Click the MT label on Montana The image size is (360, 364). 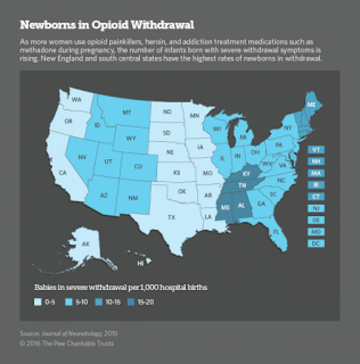(x=126, y=113)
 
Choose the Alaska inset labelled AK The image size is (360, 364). (x=86, y=244)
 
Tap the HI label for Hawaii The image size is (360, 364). (x=140, y=264)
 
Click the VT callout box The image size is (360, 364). (x=316, y=149)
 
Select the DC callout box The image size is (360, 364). (x=316, y=243)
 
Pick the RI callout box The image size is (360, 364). (x=316, y=185)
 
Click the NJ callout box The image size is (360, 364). (x=316, y=208)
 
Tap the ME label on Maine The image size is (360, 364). (x=309, y=104)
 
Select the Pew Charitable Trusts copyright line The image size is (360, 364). (x=67, y=343)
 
